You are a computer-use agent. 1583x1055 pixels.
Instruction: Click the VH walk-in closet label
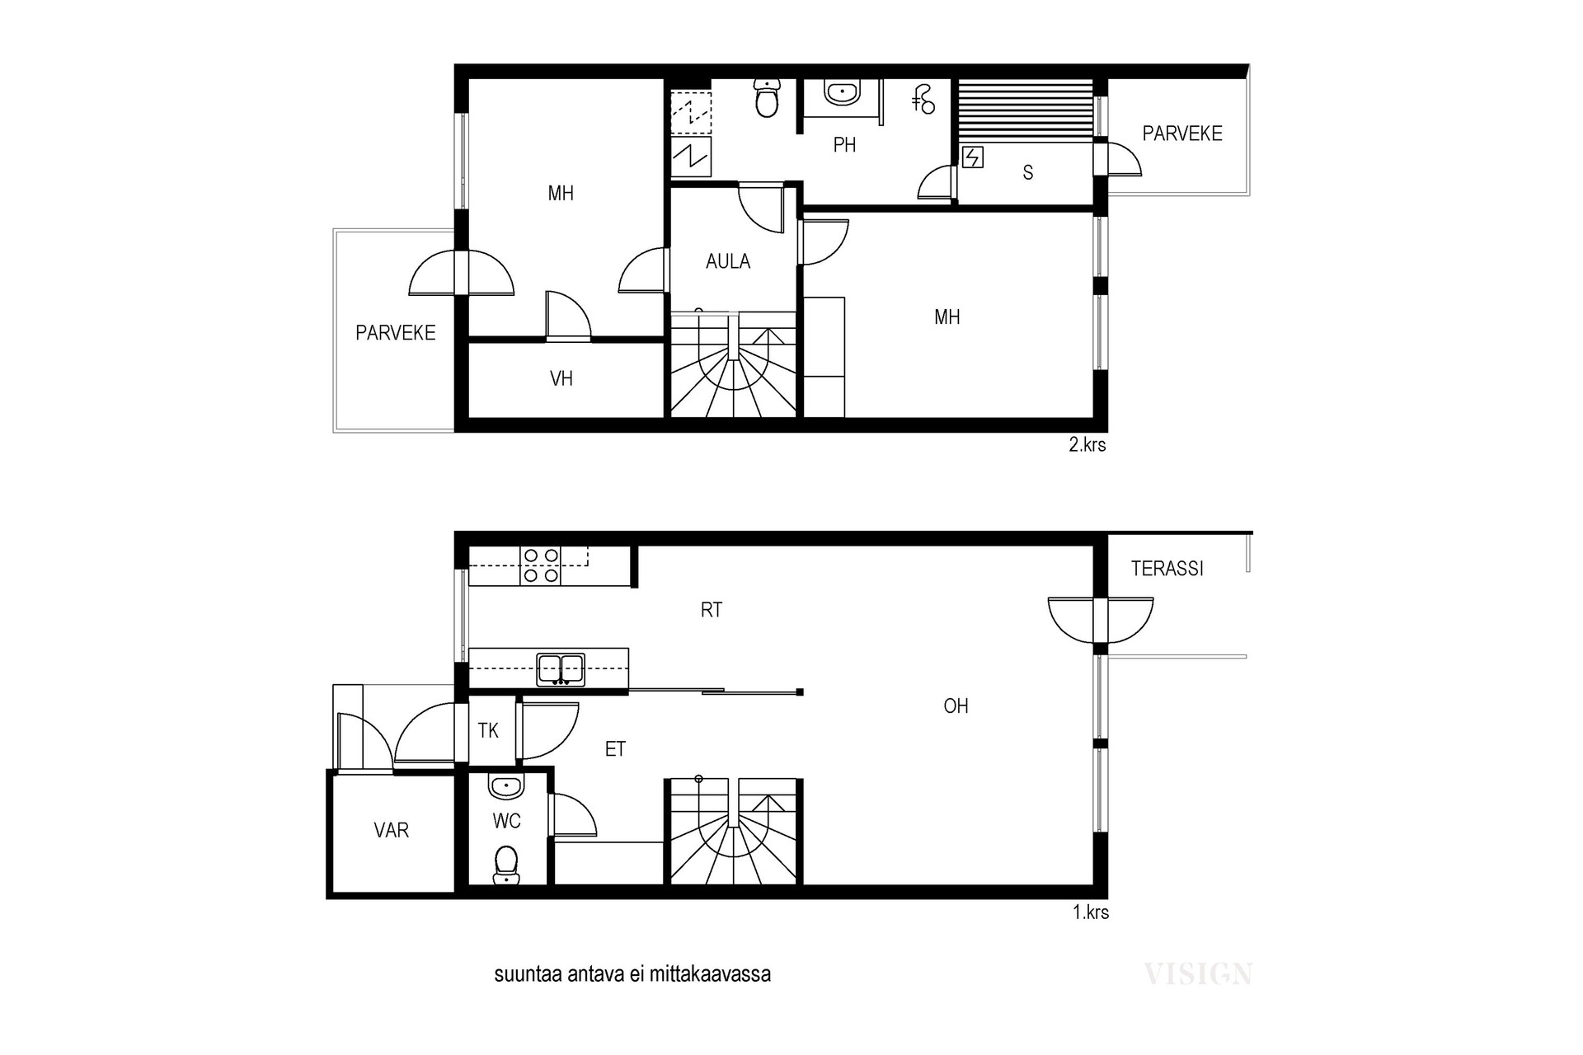tap(561, 378)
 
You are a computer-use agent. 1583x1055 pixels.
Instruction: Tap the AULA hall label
tap(728, 261)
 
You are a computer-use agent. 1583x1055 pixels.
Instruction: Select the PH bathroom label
tap(844, 145)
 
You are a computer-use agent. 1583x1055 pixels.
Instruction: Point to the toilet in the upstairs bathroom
tap(768, 98)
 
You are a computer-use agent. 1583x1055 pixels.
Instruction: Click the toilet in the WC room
tap(505, 865)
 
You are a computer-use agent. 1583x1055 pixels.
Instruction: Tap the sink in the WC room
tap(505, 786)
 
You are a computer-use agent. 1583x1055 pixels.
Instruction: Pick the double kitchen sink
tap(561, 669)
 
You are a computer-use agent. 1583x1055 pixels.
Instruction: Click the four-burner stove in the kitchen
tap(541, 566)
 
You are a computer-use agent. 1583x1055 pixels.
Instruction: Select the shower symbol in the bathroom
tap(923, 99)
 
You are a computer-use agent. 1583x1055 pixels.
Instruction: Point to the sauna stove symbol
tap(973, 157)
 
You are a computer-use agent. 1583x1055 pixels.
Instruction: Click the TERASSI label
tap(1167, 569)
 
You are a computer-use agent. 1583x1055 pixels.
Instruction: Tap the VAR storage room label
tap(392, 830)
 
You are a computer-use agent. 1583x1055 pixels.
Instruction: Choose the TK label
tap(488, 730)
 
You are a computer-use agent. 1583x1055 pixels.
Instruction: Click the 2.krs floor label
tap(1087, 445)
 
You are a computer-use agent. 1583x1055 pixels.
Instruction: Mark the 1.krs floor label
tap(1091, 912)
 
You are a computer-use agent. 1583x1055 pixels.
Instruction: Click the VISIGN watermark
tap(1198, 974)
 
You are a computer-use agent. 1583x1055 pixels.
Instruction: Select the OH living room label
tap(956, 706)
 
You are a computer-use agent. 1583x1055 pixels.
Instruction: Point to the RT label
tap(712, 610)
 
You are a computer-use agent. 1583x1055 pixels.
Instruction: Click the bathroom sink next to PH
tap(843, 92)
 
